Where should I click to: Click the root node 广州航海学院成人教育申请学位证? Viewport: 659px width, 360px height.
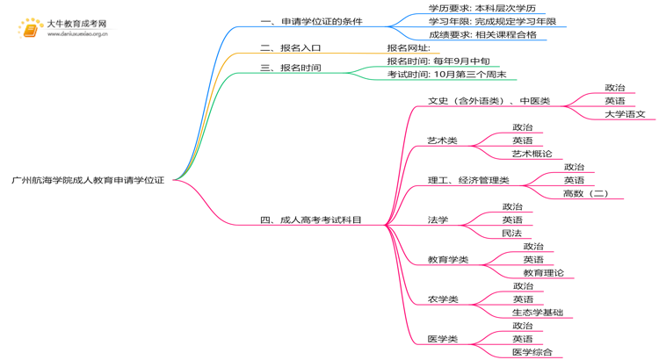pos(88,179)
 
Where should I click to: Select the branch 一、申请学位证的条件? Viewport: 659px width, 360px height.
pos(311,21)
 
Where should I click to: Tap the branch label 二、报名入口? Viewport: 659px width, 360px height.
pos(290,48)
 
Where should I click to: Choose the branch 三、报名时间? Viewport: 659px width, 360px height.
pos(290,68)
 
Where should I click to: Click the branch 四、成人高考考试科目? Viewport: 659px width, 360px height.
pos(311,220)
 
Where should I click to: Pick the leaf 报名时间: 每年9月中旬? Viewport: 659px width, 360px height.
pos(438,61)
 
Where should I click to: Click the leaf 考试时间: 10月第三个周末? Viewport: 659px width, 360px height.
pos(446,75)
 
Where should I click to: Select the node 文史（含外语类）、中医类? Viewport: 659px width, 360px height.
pos(489,101)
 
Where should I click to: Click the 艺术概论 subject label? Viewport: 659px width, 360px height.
pos(532,154)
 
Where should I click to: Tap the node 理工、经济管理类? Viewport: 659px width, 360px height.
pos(468,180)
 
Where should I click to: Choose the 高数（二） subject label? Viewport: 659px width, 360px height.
pos(585,193)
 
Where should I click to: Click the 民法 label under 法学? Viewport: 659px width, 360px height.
pos(511,233)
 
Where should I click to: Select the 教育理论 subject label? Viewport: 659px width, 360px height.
pos(543,272)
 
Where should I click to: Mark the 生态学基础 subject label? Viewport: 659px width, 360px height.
pos(537,312)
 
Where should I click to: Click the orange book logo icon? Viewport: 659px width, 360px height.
pos(31,30)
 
